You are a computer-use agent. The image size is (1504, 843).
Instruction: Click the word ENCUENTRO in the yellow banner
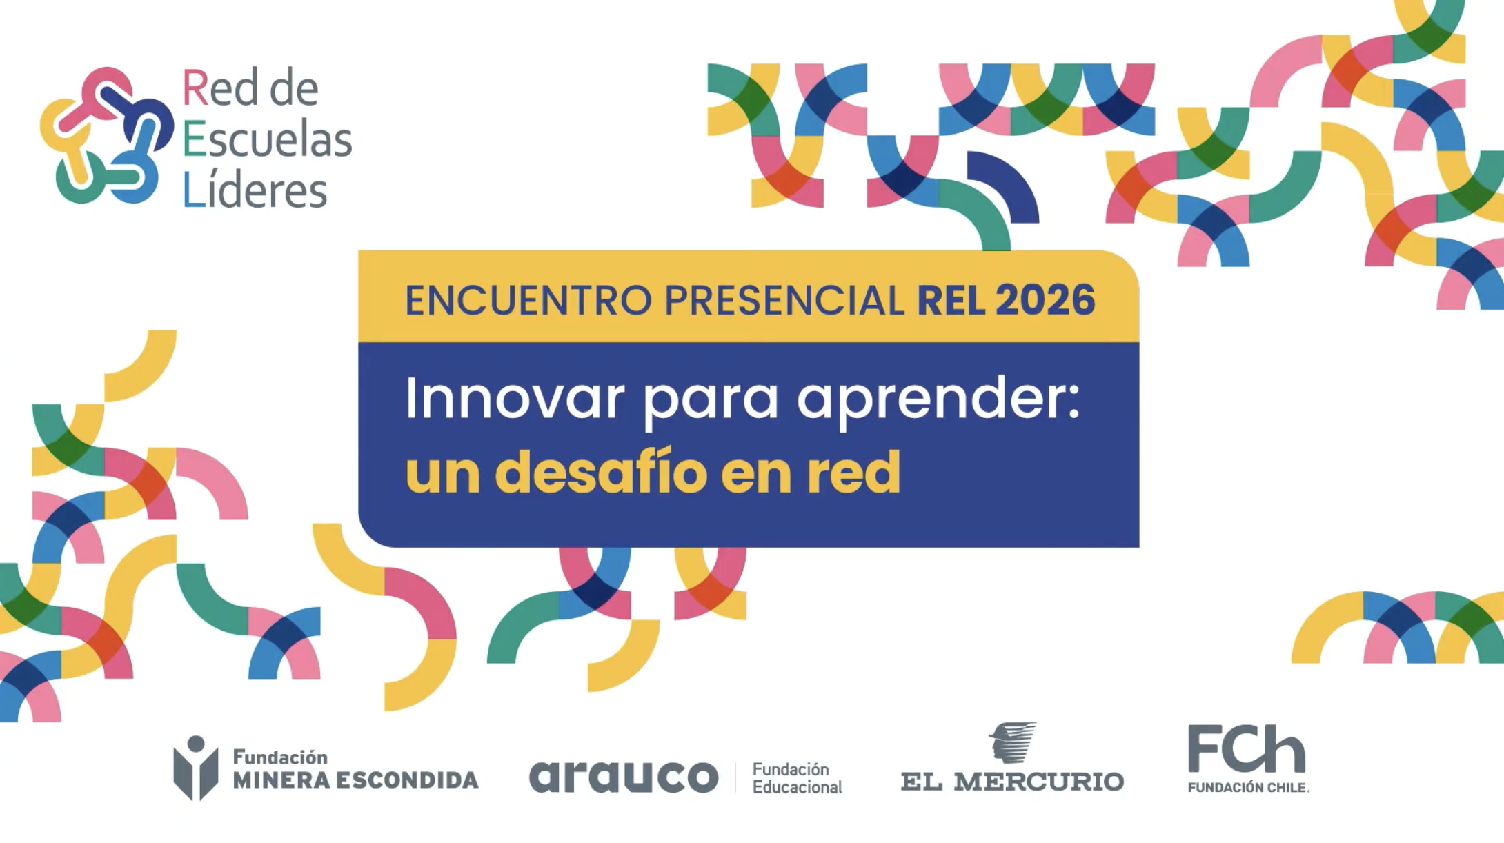pyautogui.click(x=528, y=300)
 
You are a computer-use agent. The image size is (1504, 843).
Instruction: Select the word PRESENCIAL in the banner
pyautogui.click(x=784, y=300)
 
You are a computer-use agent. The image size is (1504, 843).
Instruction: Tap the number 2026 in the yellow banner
pyautogui.click(x=1045, y=300)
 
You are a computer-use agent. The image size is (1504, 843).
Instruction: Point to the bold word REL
pyautogui.click(x=951, y=300)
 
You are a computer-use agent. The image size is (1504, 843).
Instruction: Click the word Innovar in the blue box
pyautogui.click(x=515, y=398)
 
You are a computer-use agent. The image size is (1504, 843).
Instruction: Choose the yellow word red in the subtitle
pyautogui.click(x=854, y=471)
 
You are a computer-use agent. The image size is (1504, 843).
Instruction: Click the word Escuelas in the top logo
pyautogui.click(x=268, y=139)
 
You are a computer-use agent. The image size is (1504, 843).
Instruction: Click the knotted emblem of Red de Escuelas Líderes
pyautogui.click(x=106, y=136)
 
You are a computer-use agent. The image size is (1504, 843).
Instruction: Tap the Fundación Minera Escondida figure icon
pyautogui.click(x=196, y=768)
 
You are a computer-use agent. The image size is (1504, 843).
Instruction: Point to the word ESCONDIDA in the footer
pyautogui.click(x=407, y=780)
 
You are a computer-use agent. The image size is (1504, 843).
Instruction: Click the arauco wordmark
pyautogui.click(x=624, y=777)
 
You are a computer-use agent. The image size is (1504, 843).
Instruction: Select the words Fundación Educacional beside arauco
pyautogui.click(x=797, y=778)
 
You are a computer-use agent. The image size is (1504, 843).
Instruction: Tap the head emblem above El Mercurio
pyautogui.click(x=1013, y=742)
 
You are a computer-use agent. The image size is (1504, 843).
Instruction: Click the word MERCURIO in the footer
pyautogui.click(x=1039, y=782)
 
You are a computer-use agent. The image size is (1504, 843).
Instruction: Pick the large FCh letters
pyautogui.click(x=1246, y=749)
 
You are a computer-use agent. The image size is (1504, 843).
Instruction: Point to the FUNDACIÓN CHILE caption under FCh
pyautogui.click(x=1249, y=787)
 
